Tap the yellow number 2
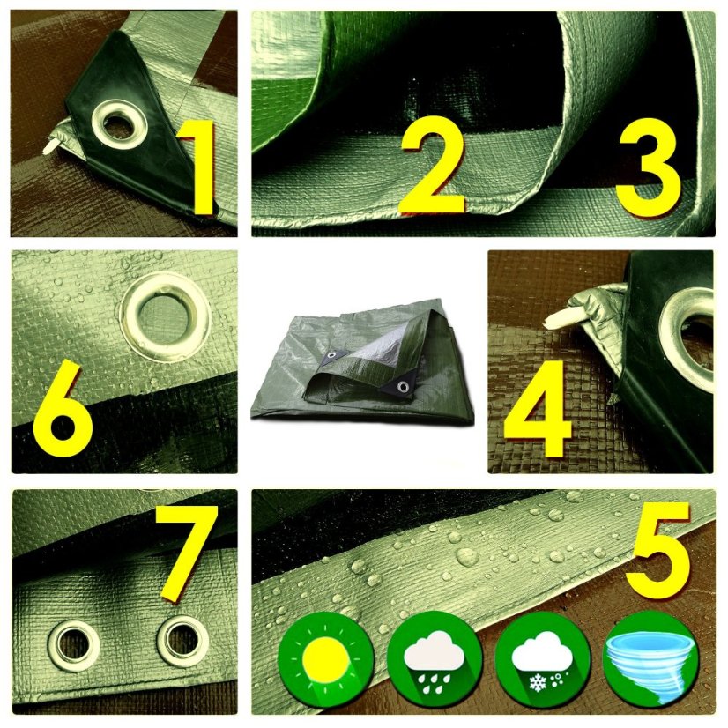(x=433, y=166)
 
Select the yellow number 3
(x=648, y=167)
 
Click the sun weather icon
(x=326, y=660)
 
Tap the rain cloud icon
(x=435, y=660)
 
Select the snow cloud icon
(x=542, y=660)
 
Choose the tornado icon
(x=651, y=660)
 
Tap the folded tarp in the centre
(x=363, y=362)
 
